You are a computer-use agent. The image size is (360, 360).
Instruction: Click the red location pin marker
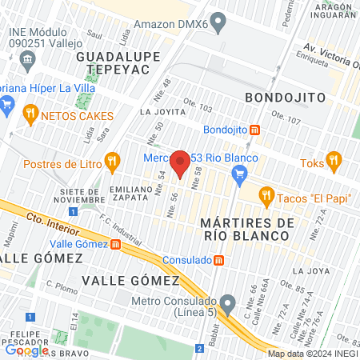click(x=181, y=164)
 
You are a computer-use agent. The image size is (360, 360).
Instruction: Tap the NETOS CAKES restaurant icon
click(x=31, y=113)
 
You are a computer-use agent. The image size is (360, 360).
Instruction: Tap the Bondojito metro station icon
click(x=254, y=130)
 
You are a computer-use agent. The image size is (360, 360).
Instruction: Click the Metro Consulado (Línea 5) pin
click(x=229, y=304)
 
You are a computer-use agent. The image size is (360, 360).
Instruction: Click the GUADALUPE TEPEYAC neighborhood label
click(x=113, y=65)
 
